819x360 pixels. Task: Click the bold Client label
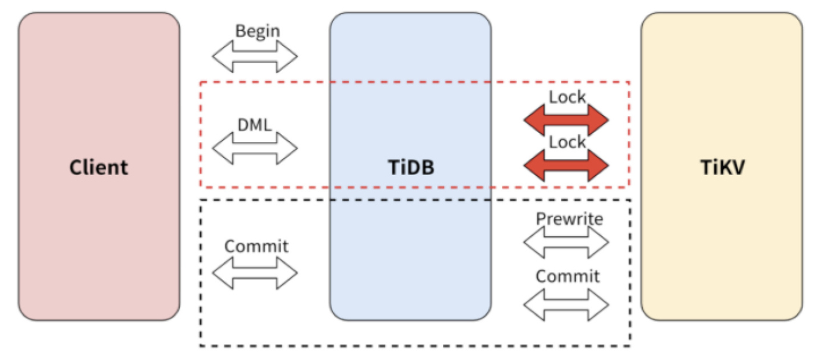(x=99, y=168)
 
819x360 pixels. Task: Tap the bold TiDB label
(x=411, y=168)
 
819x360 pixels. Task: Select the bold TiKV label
(x=721, y=168)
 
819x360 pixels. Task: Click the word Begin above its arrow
(x=257, y=31)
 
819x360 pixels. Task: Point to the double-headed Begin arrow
(x=255, y=56)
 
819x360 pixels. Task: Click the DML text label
(x=255, y=125)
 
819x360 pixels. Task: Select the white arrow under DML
(x=255, y=147)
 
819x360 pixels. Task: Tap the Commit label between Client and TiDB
(x=256, y=247)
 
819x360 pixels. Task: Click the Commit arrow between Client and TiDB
(x=255, y=273)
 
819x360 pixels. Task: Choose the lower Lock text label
(x=567, y=142)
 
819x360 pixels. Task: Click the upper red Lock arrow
(x=566, y=120)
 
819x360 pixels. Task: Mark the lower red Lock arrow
(x=566, y=165)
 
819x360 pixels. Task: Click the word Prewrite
(x=569, y=219)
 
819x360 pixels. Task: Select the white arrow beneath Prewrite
(x=566, y=242)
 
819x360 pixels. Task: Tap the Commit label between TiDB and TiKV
(x=567, y=277)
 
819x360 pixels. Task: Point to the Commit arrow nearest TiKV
(x=566, y=304)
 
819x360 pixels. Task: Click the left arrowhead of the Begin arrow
(x=221, y=56)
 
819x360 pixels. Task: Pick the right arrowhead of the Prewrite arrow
(x=599, y=242)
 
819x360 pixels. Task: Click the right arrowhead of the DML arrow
(x=288, y=147)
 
